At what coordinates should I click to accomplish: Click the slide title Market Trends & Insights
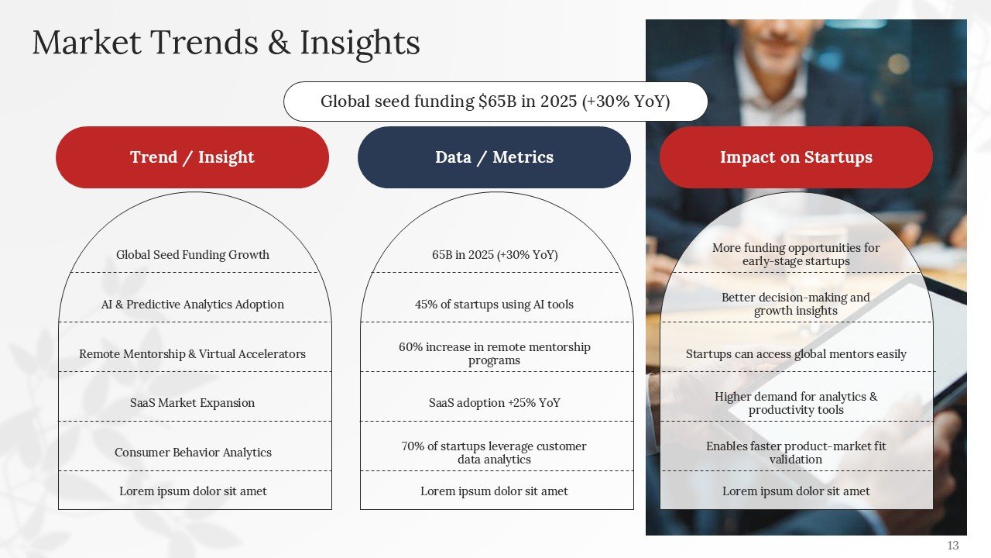pos(225,43)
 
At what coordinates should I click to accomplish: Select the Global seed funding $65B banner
pos(495,102)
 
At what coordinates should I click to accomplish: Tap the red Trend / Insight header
pos(192,157)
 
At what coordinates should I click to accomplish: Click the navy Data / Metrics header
pos(494,157)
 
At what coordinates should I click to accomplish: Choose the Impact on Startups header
pos(796,157)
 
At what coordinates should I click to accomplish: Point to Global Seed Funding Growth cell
pos(193,255)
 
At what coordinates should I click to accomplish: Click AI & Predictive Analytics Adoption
pos(193,305)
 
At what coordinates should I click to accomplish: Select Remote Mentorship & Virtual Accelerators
pos(192,354)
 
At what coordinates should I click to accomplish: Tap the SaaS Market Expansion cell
pos(192,403)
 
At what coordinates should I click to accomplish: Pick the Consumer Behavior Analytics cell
pos(193,453)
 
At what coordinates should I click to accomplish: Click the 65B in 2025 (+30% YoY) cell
pos(494,255)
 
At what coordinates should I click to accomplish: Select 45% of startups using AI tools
pos(494,305)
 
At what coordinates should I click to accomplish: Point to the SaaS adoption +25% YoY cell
pos(494,403)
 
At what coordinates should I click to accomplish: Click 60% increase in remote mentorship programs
pos(494,353)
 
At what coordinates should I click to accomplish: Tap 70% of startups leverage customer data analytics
pos(494,453)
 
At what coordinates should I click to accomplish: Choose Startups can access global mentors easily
pos(796,354)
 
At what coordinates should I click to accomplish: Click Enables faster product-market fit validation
pos(796,453)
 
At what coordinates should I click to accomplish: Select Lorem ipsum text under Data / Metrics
pos(494,491)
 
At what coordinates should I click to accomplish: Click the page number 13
pos(952,546)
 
